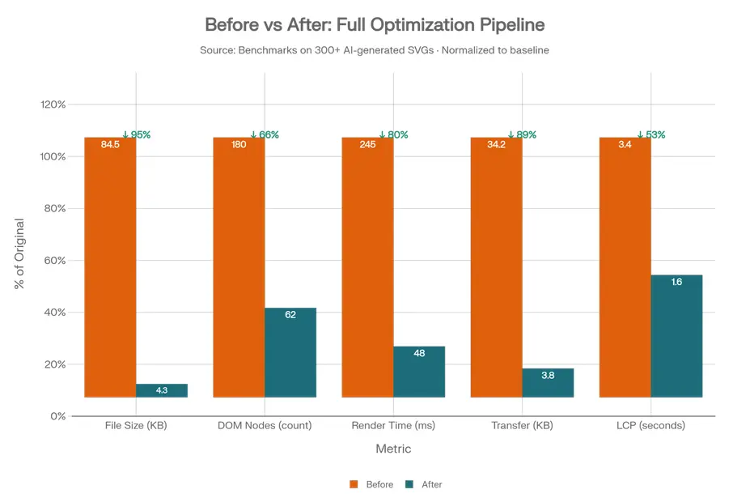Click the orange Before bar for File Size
click(x=110, y=267)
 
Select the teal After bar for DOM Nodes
click(x=290, y=353)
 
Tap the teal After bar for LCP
click(x=676, y=336)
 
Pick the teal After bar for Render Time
click(x=419, y=372)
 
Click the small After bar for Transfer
click(x=548, y=383)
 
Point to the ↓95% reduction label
click(x=137, y=134)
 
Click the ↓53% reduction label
click(x=651, y=134)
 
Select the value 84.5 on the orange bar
click(x=110, y=145)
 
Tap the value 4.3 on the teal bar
click(x=161, y=390)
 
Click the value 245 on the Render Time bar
click(x=367, y=145)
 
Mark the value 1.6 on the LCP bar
click(x=676, y=282)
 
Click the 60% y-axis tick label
click(x=55, y=261)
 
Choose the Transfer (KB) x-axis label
click(x=522, y=426)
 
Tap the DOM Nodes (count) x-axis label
click(x=265, y=426)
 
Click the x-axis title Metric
click(x=393, y=449)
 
